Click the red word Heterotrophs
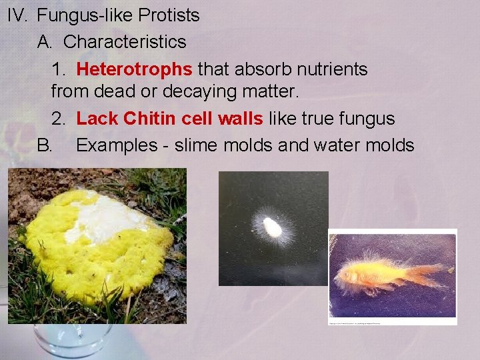coord(135,69)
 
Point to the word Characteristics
coord(125,42)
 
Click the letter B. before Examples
coord(45,145)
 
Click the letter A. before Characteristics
coord(45,42)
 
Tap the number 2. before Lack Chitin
coord(59,119)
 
